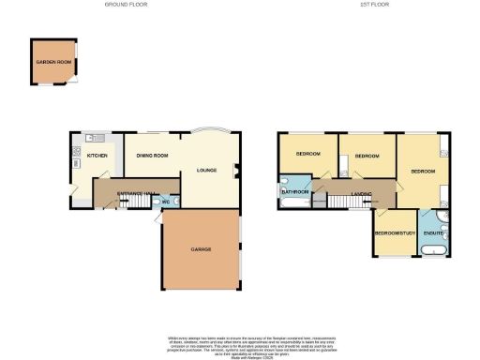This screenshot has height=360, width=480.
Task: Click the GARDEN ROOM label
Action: tap(53, 62)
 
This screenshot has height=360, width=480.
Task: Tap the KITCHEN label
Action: tap(97, 156)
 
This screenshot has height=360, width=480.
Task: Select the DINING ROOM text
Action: tap(153, 156)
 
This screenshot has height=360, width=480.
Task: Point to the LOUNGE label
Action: tap(206, 171)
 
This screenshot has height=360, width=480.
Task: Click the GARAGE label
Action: tap(201, 249)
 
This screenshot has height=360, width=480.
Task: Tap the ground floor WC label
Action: tap(165, 202)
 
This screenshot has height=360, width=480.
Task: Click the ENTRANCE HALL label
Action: tap(128, 193)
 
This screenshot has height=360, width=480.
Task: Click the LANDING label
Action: tap(361, 194)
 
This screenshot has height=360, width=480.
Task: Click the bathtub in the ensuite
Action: tap(433, 252)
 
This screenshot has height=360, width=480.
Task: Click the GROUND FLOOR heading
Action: tap(128, 5)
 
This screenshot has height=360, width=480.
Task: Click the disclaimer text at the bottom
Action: tap(240, 343)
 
